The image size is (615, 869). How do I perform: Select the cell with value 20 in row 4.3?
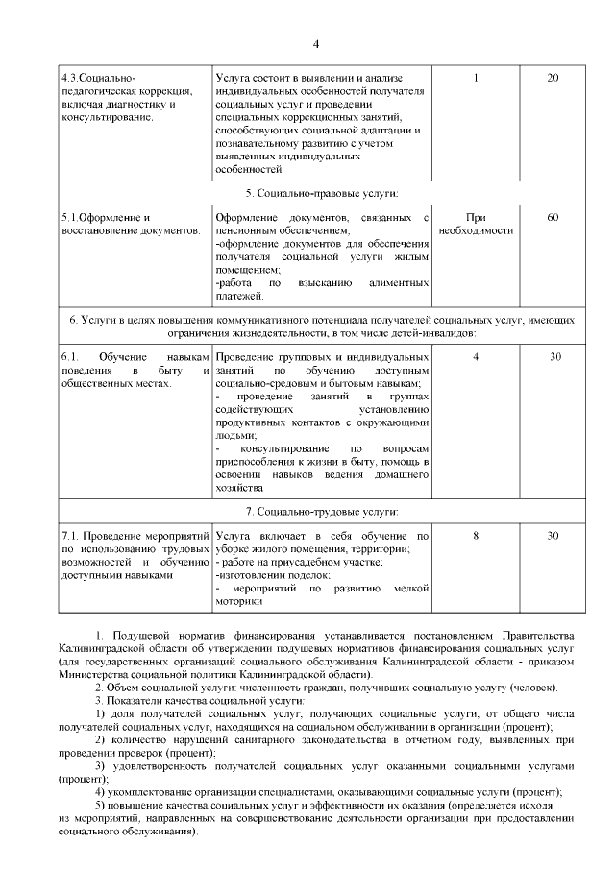tap(553, 78)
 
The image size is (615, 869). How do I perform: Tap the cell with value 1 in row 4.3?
tap(476, 78)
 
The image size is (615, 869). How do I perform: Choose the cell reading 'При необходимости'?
tap(476, 225)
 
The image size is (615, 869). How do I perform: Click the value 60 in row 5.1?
tap(553, 218)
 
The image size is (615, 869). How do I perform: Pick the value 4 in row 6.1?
tap(476, 357)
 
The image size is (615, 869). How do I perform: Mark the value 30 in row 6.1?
tap(554, 357)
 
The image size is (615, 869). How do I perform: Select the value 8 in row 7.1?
tap(476, 536)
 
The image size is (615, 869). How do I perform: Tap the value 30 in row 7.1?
tap(554, 536)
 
